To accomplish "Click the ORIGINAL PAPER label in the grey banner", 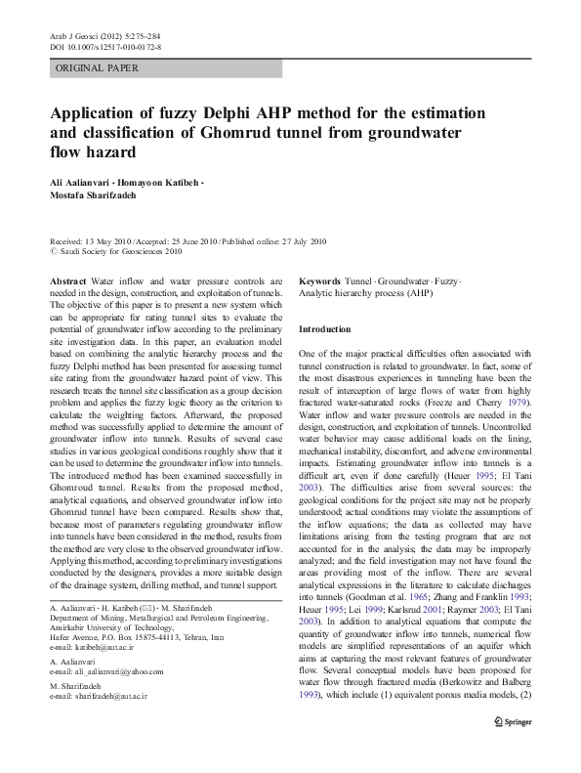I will click(97, 68).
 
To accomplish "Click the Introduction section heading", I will click(324, 330).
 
